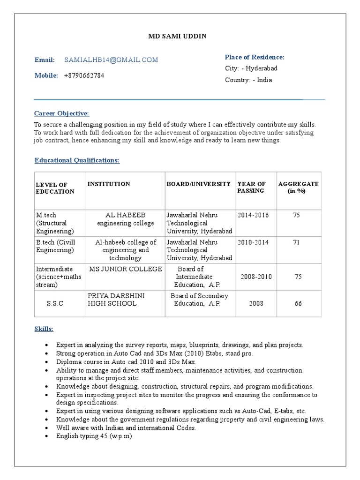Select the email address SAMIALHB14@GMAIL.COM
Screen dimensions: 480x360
(111, 60)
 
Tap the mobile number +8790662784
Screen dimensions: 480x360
(84, 75)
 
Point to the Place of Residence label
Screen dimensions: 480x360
(254, 57)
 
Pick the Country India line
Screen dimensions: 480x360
(248, 80)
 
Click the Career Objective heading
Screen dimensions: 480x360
(61, 113)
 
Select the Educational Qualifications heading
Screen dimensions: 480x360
(77, 160)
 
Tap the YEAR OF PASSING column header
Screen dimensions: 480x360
(251, 187)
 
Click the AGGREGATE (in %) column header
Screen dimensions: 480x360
(298, 187)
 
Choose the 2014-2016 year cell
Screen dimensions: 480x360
(253, 215)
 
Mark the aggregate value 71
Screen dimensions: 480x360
(296, 242)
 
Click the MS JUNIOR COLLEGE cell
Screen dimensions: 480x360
(126, 269)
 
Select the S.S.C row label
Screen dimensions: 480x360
(55, 304)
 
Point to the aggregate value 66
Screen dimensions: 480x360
(298, 304)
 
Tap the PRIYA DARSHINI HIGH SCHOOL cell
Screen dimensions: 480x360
(112, 300)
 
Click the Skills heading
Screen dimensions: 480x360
(44, 329)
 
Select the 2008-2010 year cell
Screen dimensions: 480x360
(256, 277)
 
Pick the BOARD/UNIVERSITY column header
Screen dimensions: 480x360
(199, 184)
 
